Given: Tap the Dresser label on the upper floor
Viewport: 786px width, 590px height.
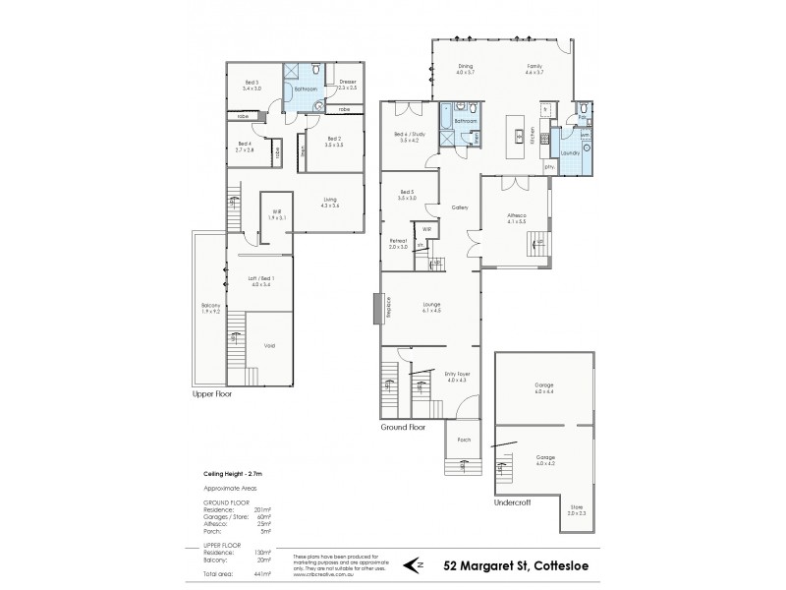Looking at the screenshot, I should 348,84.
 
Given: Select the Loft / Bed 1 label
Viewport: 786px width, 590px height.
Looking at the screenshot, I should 259,282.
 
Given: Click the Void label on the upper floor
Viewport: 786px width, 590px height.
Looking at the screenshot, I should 269,345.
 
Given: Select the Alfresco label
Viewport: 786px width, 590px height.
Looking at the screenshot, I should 517,218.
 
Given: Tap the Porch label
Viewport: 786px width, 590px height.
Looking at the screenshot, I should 463,441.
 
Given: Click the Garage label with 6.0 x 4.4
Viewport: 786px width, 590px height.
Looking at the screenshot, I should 544,386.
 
